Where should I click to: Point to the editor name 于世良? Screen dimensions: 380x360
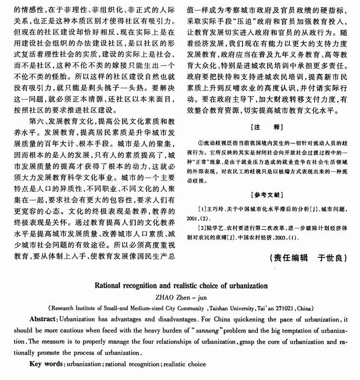[x=333, y=258]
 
